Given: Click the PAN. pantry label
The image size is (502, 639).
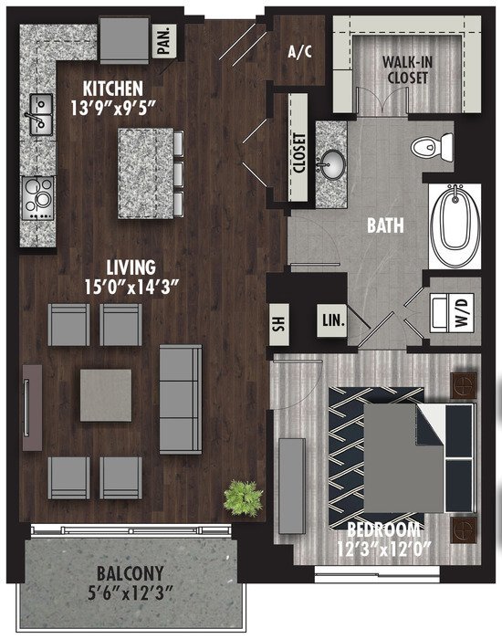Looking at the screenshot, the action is click(164, 40).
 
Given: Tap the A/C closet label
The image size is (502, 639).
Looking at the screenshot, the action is click(299, 52).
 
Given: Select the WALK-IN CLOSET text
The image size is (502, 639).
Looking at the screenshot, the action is click(407, 69).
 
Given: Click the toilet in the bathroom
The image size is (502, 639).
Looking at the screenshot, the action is click(432, 147).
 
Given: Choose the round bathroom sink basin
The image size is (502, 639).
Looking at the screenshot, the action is click(330, 164).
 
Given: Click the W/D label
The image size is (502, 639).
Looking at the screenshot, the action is click(462, 311).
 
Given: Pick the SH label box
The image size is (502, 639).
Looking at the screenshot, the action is click(279, 324).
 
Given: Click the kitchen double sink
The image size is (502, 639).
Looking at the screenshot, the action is click(41, 114).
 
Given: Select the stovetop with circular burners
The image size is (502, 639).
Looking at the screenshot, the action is click(37, 198).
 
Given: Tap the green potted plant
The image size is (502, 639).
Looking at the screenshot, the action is click(244, 498).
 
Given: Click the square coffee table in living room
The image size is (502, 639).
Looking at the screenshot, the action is click(106, 395).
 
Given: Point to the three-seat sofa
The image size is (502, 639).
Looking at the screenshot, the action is click(181, 400).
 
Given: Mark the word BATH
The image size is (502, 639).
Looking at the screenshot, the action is click(385, 225).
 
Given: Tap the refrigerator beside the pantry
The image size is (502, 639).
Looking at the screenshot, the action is click(124, 40).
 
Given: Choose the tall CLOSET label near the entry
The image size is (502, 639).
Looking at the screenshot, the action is click(298, 153).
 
